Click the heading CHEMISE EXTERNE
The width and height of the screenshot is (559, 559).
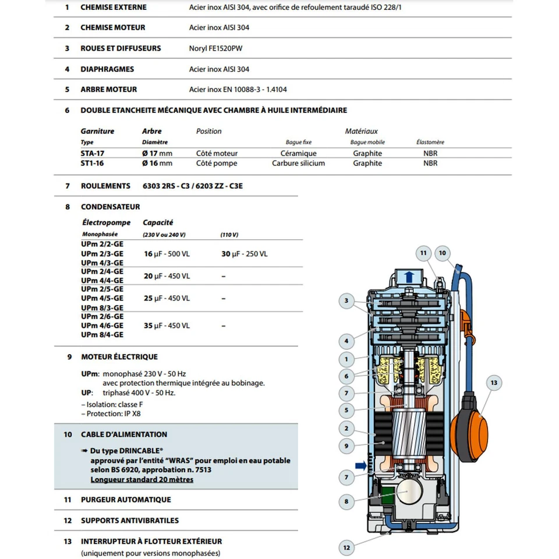click(113, 7)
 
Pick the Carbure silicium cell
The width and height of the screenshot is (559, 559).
click(298, 164)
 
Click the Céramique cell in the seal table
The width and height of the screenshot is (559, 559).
click(298, 153)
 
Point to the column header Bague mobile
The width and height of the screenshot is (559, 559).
click(367, 142)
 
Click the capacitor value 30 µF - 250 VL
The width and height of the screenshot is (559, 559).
click(244, 254)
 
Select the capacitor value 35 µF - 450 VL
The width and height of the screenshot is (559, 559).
click(167, 326)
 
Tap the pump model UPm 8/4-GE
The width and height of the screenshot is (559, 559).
click(102, 335)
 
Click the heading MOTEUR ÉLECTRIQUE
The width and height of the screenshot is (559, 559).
click(119, 357)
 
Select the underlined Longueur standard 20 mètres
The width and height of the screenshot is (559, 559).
click(141, 480)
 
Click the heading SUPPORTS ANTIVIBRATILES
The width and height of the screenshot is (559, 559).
click(129, 521)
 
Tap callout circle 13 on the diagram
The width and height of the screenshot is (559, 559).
click(494, 383)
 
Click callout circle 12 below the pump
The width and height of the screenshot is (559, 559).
click(346, 547)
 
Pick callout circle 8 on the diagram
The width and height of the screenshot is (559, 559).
click(346, 501)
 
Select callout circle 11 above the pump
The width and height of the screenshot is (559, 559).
click(423, 253)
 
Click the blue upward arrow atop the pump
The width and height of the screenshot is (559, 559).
click(409, 275)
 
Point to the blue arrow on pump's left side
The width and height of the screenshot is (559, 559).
click(362, 465)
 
